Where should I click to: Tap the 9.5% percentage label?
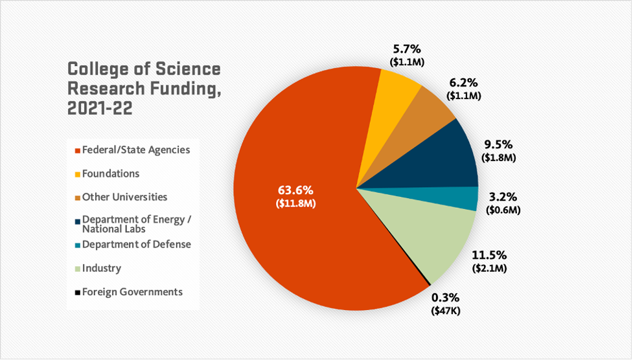(x=498, y=145)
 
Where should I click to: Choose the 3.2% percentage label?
(x=503, y=197)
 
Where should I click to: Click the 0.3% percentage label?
(x=445, y=298)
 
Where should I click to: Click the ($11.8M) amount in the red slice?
(x=295, y=203)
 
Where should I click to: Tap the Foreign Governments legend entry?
(x=132, y=292)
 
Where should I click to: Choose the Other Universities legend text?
(x=124, y=197)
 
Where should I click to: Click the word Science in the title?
(x=190, y=69)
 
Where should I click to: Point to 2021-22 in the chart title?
(x=100, y=108)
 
